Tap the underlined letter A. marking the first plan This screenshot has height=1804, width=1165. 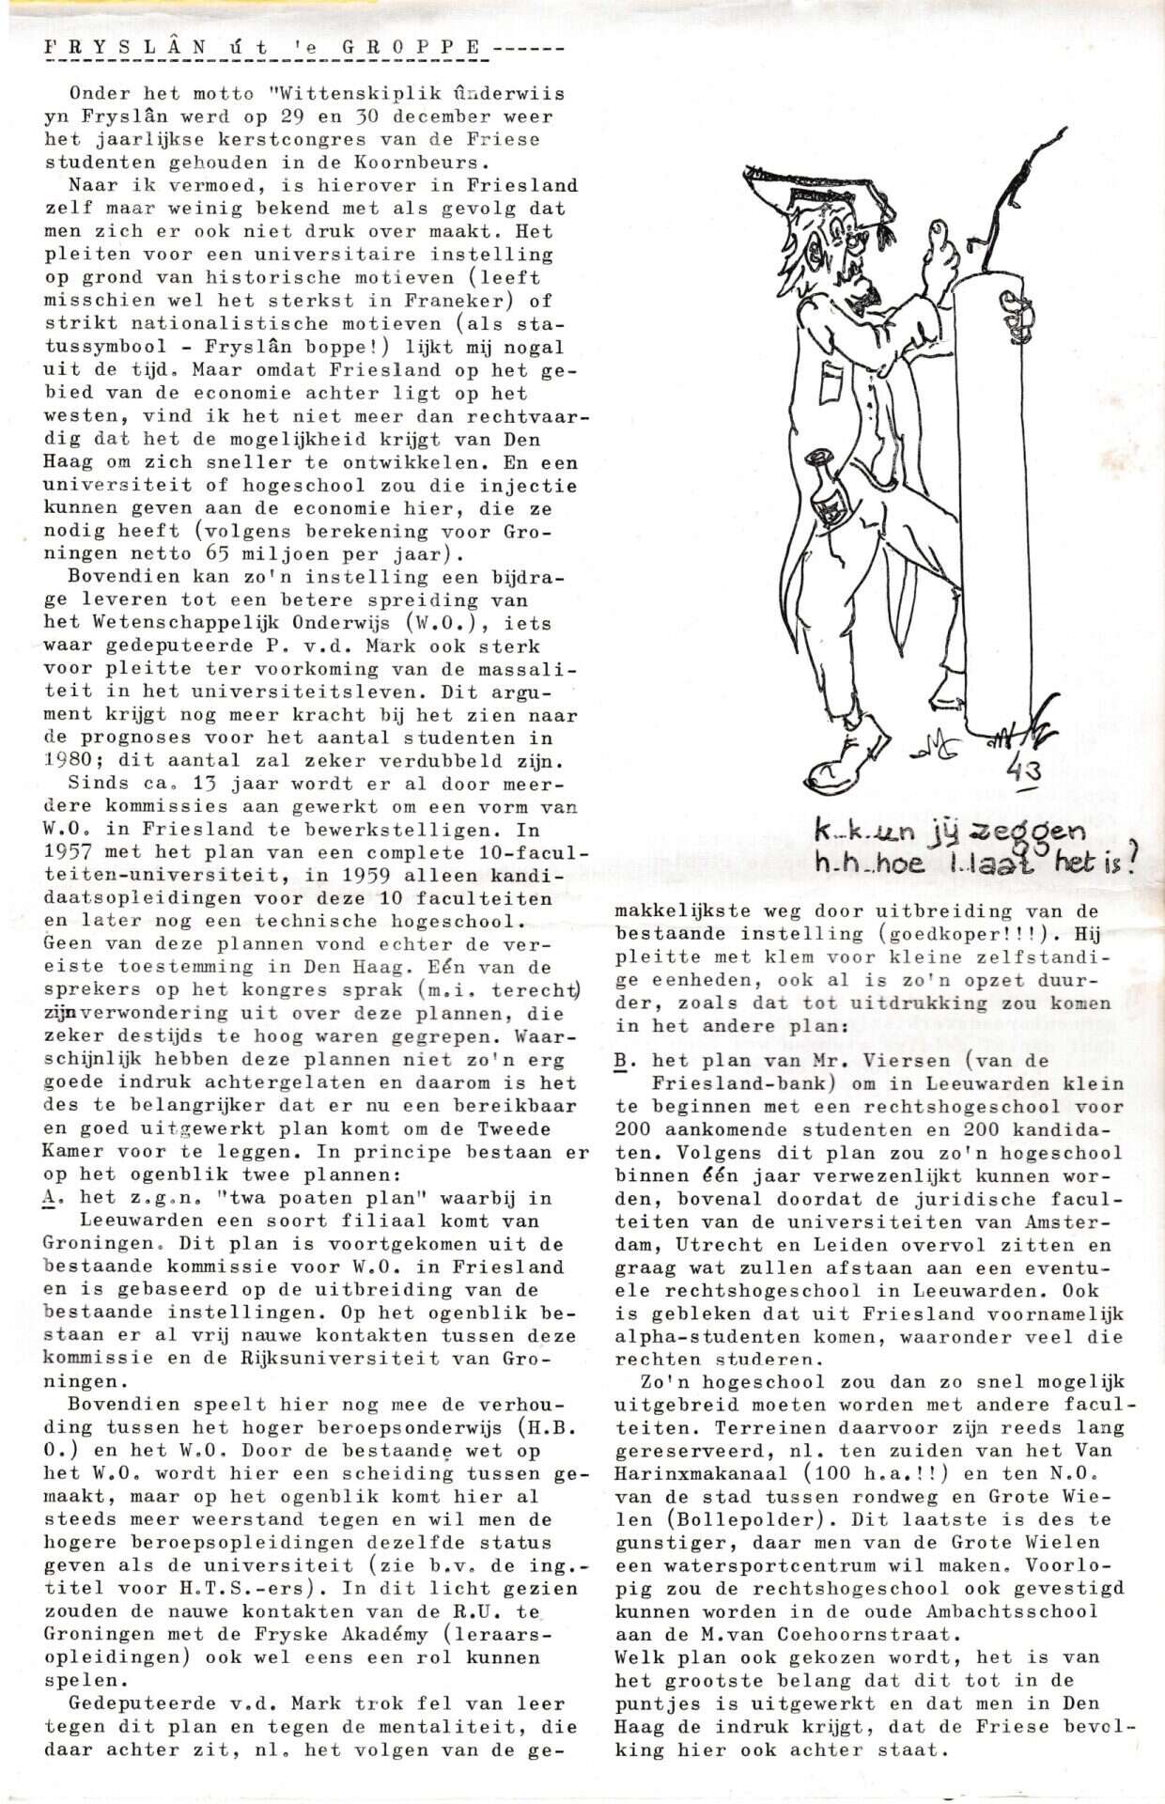[50, 1198]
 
